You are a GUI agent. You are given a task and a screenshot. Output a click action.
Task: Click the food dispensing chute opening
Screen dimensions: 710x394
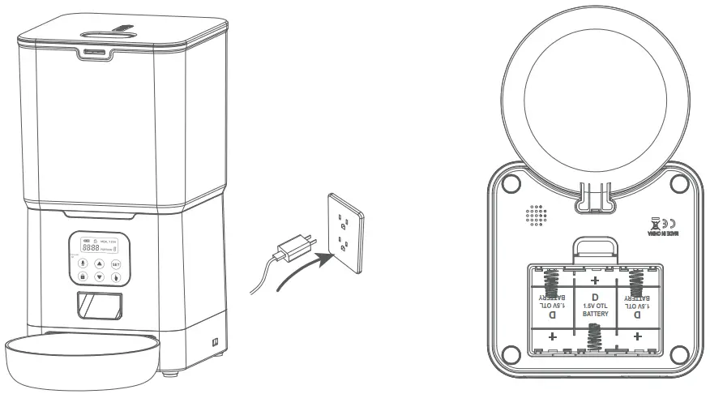(98, 306)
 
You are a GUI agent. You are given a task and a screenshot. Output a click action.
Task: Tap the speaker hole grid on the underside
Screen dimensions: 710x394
(535, 215)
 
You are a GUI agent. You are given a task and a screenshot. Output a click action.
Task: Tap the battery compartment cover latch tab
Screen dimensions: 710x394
(593, 246)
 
